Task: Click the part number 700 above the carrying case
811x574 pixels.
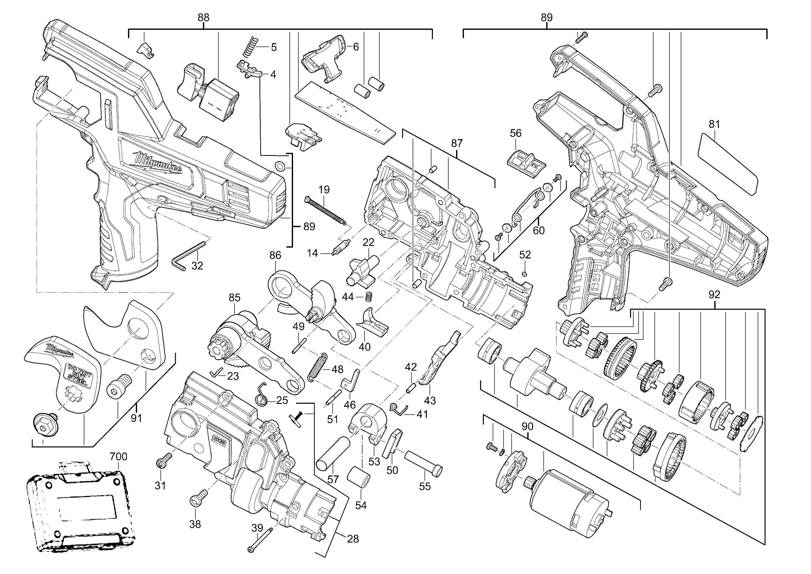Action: coord(118,456)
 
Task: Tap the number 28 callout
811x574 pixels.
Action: coord(353,539)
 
